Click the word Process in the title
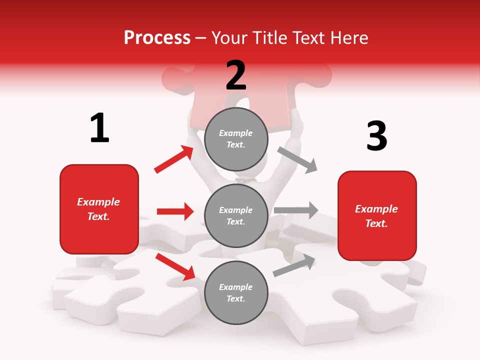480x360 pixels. tap(157, 38)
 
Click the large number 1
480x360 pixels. tap(99, 128)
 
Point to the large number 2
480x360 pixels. tap(236, 75)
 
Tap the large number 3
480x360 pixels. tap(376, 136)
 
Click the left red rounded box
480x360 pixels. tap(99, 209)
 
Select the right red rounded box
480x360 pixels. tap(377, 216)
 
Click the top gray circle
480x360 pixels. tap(236, 139)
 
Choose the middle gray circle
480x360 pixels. tap(236, 216)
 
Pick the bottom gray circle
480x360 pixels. tap(236, 293)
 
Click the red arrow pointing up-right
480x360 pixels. tap(174, 159)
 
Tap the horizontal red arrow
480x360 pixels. tap(175, 211)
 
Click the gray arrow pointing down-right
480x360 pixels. tap(297, 159)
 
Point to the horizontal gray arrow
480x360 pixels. tap(296, 210)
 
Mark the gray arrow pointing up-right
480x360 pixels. tap(294, 265)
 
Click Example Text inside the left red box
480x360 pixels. tap(98, 209)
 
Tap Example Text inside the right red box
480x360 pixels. tap(376, 216)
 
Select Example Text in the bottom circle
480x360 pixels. tap(236, 293)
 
